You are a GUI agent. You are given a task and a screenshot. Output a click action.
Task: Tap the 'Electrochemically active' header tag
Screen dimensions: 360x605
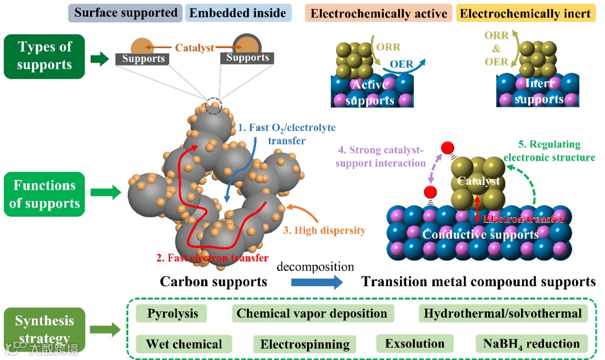[379, 12]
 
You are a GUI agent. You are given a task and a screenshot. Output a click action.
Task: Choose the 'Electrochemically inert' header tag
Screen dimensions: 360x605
[527, 12]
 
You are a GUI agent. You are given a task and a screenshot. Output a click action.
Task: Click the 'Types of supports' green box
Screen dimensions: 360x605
[44, 56]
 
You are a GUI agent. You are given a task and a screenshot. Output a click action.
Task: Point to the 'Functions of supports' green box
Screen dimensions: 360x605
[44, 194]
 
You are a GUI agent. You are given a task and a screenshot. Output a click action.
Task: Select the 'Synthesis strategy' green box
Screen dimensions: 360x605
[44, 330]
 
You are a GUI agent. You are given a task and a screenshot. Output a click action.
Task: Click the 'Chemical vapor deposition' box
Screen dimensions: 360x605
[311, 313]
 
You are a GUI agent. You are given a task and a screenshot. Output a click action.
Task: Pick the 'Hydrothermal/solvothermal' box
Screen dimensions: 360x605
[502, 313]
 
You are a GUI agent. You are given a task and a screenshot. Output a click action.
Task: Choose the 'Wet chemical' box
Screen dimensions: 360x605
[184, 343]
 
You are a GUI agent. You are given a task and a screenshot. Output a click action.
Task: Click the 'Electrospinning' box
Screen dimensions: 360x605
[305, 343]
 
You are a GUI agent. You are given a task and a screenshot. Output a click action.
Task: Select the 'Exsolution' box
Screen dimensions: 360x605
[415, 343]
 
